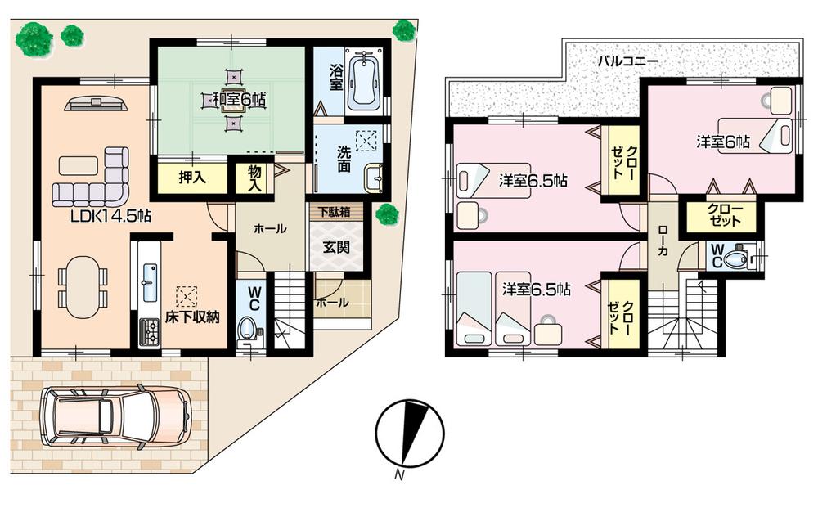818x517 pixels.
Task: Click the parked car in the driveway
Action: pos(115,415)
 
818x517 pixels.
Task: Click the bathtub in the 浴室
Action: pos(362,81)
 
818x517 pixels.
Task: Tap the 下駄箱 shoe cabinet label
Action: pos(334,211)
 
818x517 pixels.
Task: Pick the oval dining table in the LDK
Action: pos(82,287)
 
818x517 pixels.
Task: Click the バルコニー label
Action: pos(627,61)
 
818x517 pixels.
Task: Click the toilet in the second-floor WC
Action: pos(736,258)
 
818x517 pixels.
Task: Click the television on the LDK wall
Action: pos(96,104)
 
